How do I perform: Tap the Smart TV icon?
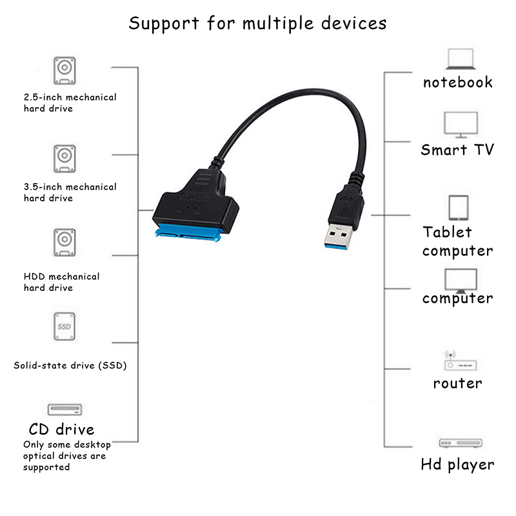(461, 124)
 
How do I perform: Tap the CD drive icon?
(65, 410)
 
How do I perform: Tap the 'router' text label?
(457, 383)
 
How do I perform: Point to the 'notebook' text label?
(457, 82)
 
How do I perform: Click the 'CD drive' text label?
(62, 430)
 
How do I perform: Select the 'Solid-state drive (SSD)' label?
(70, 366)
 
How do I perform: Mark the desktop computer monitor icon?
(461, 280)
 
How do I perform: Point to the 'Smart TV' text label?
(457, 150)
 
